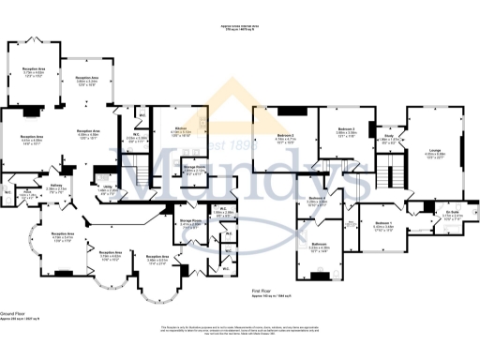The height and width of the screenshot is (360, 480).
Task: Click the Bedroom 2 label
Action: tap(286, 138)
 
